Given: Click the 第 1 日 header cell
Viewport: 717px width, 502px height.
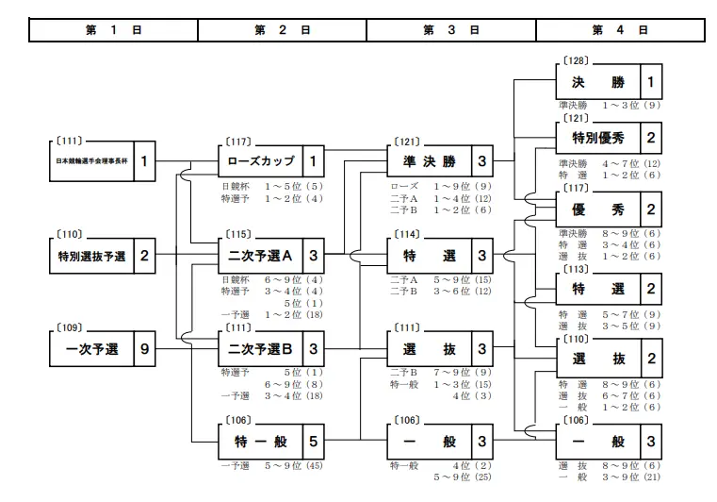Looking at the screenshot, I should click(x=113, y=30).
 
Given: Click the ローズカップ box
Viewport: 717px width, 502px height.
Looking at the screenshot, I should click(x=260, y=161).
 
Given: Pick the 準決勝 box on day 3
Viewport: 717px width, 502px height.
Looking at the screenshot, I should click(x=429, y=161).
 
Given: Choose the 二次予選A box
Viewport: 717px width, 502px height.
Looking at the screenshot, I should click(x=260, y=256).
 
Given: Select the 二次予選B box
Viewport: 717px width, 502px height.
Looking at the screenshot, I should click(x=260, y=349).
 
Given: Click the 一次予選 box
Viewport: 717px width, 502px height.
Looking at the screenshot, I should click(x=91, y=349).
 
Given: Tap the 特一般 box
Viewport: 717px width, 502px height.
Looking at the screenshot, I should click(x=260, y=442).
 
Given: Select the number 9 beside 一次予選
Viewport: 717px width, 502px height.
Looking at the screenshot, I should click(x=144, y=349).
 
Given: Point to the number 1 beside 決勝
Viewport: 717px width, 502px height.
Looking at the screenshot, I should click(x=651, y=82).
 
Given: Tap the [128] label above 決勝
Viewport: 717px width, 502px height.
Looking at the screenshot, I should click(x=575, y=59).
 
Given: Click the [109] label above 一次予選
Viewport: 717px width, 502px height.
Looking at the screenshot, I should click(x=70, y=326).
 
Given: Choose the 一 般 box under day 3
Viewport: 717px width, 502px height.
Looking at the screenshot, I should click(x=429, y=442).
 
